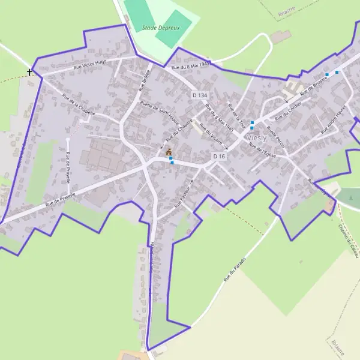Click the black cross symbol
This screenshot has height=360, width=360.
[x=30, y=72]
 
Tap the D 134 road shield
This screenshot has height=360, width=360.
[x=200, y=95]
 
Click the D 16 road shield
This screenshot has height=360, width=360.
[x=219, y=156]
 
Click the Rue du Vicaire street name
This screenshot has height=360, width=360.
[x=211, y=134]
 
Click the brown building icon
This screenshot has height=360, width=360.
[x=169, y=152]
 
